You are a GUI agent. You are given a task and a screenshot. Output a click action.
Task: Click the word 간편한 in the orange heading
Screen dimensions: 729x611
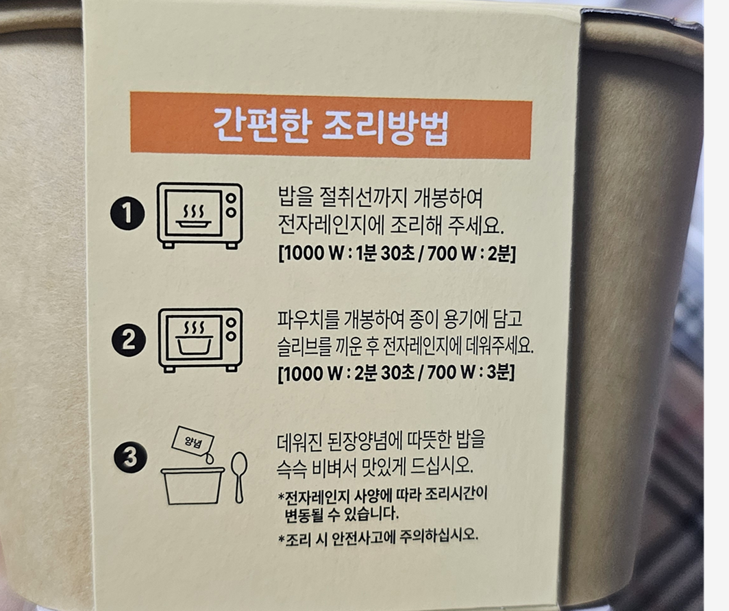261,125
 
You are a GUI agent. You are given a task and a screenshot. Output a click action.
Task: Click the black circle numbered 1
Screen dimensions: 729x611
127,214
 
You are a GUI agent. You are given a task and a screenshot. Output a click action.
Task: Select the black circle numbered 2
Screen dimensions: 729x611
128,340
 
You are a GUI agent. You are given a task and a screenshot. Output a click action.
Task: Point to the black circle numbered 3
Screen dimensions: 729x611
131,456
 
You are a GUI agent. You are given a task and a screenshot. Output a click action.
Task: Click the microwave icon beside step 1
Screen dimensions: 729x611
200,215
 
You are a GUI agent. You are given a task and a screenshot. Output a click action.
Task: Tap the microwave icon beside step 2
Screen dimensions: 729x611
200,340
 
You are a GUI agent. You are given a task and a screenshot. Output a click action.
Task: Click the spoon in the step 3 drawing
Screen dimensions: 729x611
239,477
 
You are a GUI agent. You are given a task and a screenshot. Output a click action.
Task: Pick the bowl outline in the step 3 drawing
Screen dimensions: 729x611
193,486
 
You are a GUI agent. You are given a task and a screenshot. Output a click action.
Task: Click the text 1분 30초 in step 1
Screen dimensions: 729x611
385,253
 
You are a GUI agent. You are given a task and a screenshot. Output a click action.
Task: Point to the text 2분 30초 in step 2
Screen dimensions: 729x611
385,373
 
